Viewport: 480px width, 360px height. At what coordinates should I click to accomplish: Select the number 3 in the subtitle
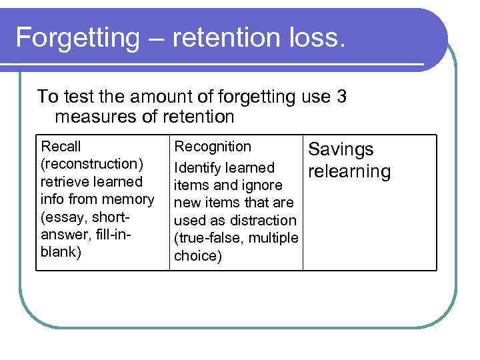[341, 97]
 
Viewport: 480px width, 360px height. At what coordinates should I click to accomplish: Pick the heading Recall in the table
[61, 146]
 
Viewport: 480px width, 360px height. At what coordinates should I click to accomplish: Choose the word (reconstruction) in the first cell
[93, 164]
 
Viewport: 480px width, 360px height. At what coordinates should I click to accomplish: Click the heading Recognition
[213, 146]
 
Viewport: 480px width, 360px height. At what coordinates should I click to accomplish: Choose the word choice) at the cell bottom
[197, 256]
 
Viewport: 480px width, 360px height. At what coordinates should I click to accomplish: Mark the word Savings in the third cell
[340, 150]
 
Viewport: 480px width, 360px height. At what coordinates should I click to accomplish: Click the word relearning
[349, 171]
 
